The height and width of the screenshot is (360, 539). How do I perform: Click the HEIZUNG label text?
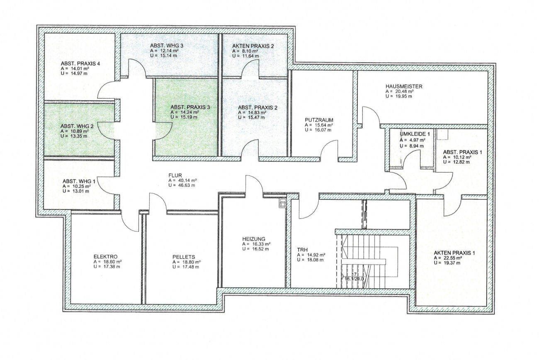(x=254, y=239)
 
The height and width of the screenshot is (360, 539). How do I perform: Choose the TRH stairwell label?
(x=302, y=250)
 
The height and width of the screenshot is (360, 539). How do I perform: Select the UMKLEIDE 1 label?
(x=415, y=134)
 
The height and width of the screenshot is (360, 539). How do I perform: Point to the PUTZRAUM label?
(x=319, y=120)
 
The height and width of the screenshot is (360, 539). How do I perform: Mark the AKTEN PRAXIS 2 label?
(x=253, y=46)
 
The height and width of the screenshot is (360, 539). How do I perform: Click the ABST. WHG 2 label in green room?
(x=77, y=126)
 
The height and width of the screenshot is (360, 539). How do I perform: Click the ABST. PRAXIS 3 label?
(x=190, y=107)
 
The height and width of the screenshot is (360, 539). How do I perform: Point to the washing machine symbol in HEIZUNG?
(x=283, y=203)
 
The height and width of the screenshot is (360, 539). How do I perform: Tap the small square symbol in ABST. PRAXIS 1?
(x=443, y=134)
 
